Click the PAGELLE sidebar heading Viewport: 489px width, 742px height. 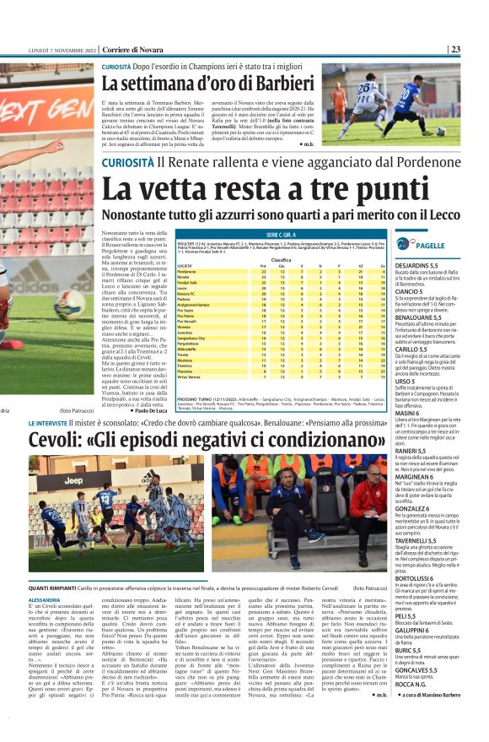tap(430, 245)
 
